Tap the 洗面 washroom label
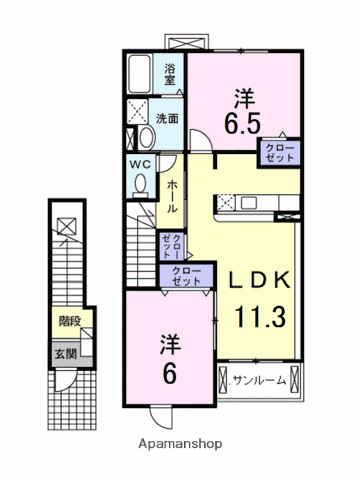(167, 118)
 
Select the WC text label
(139, 165)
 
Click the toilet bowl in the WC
(139, 184)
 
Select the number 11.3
(262, 318)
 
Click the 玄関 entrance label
(66, 354)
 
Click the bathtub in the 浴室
(140, 74)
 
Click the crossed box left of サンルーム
(223, 380)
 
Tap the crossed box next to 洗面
(138, 111)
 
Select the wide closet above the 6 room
(185, 277)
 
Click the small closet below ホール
(172, 246)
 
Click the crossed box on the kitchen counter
(226, 203)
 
